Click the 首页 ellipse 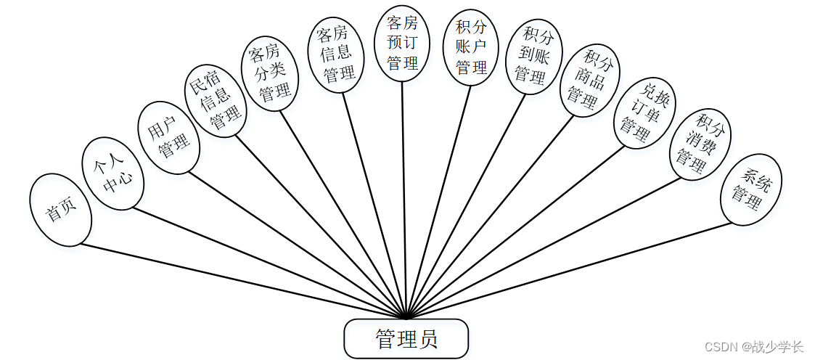[61, 210]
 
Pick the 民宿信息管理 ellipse [215, 102]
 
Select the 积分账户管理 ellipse [472, 47]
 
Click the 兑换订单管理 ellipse [644, 112]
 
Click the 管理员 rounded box [406, 339]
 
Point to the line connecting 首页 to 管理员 [239, 279]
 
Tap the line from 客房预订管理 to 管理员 [404, 196]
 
